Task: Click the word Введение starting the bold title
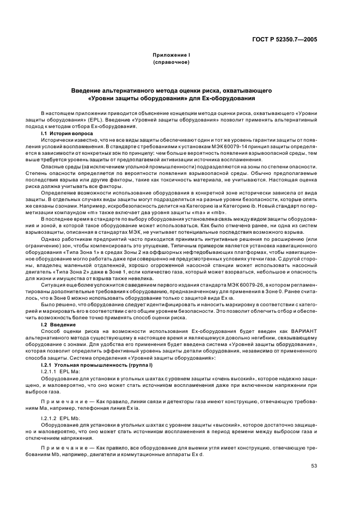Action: (89, 89)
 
